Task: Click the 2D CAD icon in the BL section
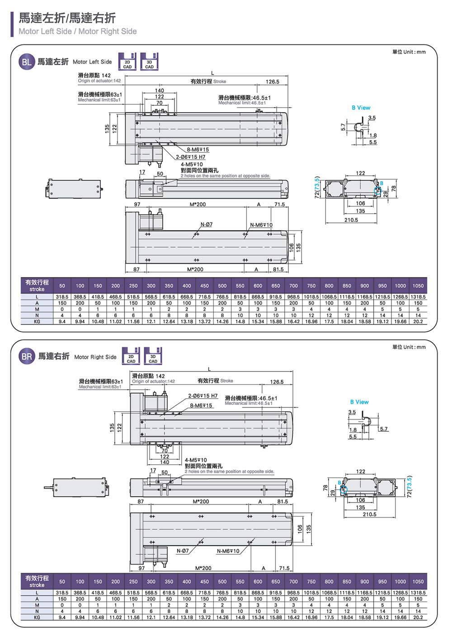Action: [127, 61]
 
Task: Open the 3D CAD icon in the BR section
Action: [153, 356]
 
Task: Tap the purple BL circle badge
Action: [27, 62]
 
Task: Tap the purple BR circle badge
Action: [27, 357]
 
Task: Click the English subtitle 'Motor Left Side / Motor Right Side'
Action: [77, 31]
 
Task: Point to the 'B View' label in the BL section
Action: [361, 108]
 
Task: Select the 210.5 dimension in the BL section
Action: [351, 220]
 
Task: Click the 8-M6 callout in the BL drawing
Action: [198, 150]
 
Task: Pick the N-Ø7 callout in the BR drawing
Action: [183, 551]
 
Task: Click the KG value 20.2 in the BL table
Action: [418, 322]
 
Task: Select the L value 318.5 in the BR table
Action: [62, 593]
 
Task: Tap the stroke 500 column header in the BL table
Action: [222, 286]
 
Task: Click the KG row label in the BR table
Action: [37, 617]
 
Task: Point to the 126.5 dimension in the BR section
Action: [277, 382]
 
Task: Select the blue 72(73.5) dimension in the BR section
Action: [409, 487]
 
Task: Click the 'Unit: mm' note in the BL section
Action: [409, 52]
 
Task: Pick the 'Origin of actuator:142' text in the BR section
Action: [153, 381]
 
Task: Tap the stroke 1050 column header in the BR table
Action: [418, 582]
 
